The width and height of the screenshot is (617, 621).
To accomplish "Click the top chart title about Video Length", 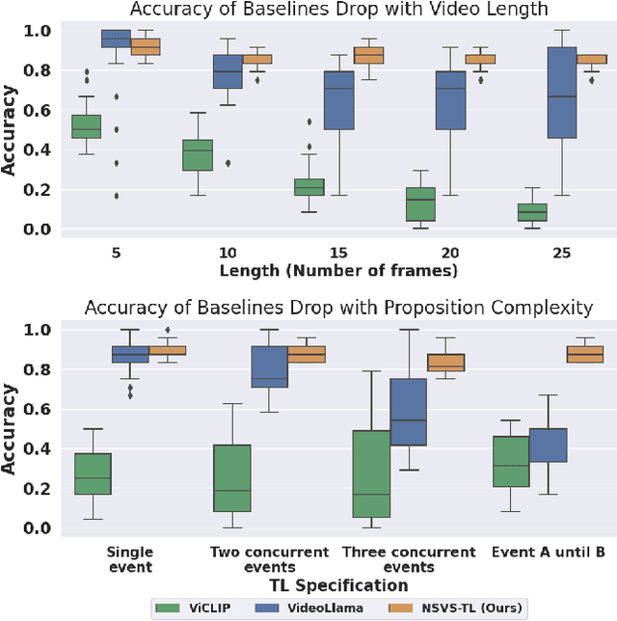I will click(331, 10).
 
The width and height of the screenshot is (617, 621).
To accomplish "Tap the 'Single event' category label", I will click(128, 560).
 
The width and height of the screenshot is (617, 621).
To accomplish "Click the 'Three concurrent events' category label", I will click(408, 560).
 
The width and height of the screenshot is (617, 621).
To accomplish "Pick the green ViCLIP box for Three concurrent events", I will click(372, 473).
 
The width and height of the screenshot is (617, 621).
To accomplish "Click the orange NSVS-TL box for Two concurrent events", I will click(307, 354).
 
